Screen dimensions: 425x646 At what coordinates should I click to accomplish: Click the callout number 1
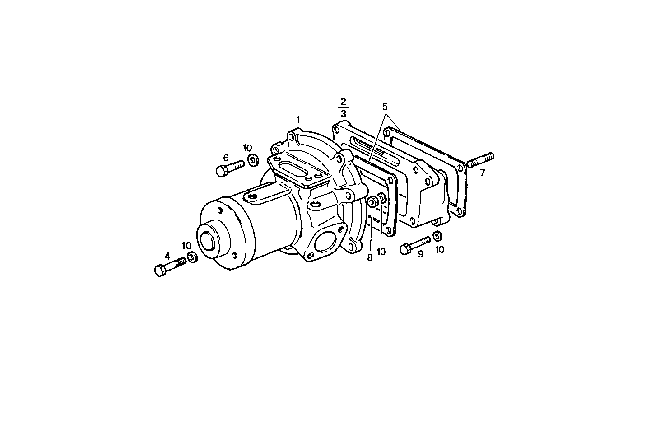(298, 120)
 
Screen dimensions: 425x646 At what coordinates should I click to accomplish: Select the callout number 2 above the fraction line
(343, 101)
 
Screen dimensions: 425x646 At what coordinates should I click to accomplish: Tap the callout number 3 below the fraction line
(344, 113)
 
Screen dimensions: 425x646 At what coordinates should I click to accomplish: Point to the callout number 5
(385, 107)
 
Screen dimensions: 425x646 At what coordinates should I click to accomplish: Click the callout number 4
(167, 256)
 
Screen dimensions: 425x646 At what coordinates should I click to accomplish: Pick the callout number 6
(226, 158)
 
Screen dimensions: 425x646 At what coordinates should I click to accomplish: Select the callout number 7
(483, 173)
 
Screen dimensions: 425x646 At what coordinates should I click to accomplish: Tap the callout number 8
(370, 257)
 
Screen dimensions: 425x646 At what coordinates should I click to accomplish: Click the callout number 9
(420, 254)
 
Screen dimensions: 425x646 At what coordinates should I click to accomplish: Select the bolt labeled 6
(229, 168)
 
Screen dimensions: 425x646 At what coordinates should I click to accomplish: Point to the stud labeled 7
(480, 160)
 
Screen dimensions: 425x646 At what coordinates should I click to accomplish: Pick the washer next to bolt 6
(253, 159)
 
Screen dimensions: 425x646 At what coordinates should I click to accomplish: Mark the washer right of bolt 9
(437, 236)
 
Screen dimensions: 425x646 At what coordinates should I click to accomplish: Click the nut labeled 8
(373, 202)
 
